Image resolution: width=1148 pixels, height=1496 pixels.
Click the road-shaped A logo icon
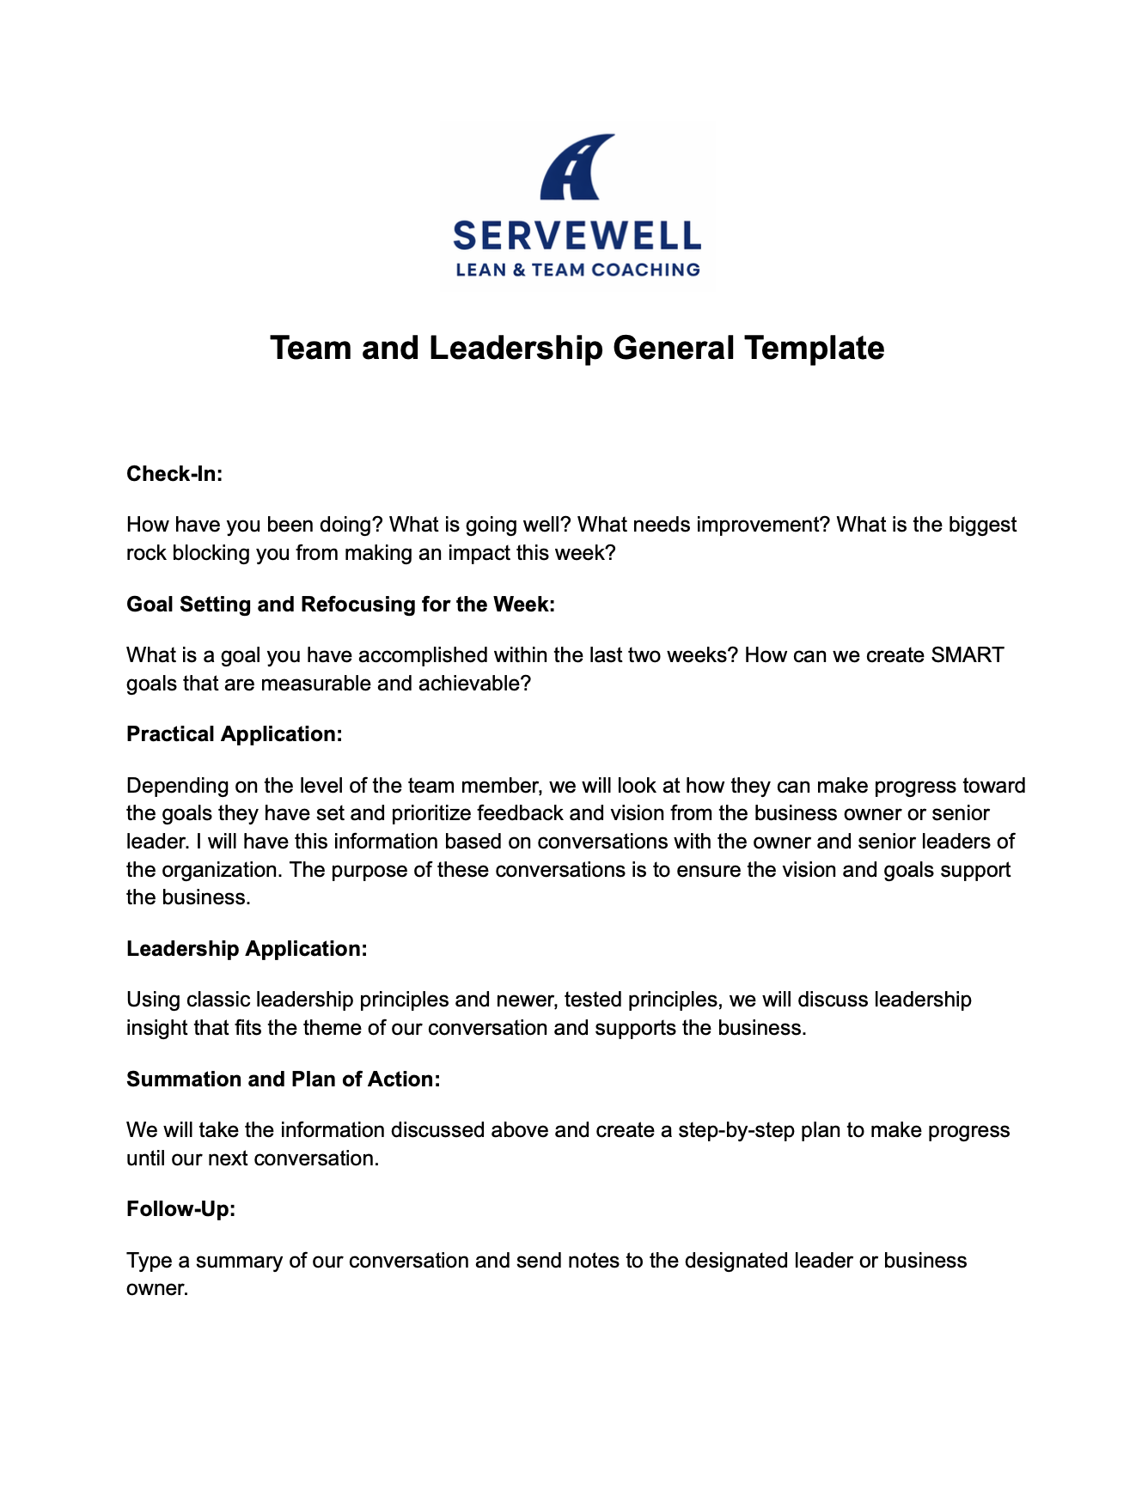click(576, 167)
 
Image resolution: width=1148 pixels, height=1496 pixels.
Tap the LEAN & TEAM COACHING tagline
click(577, 270)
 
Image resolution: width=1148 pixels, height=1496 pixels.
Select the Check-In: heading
click(174, 474)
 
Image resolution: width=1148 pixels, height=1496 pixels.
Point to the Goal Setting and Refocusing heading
click(340, 605)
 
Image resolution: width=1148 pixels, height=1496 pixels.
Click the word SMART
click(967, 655)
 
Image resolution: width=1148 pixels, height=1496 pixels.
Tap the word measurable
click(314, 684)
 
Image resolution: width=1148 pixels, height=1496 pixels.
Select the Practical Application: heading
click(235, 734)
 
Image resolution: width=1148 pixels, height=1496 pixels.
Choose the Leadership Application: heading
click(247, 949)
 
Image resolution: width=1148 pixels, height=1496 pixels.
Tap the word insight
click(156, 1028)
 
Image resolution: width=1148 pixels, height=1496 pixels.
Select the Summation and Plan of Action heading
click(283, 1079)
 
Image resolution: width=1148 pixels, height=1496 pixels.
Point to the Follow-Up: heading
click(180, 1209)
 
